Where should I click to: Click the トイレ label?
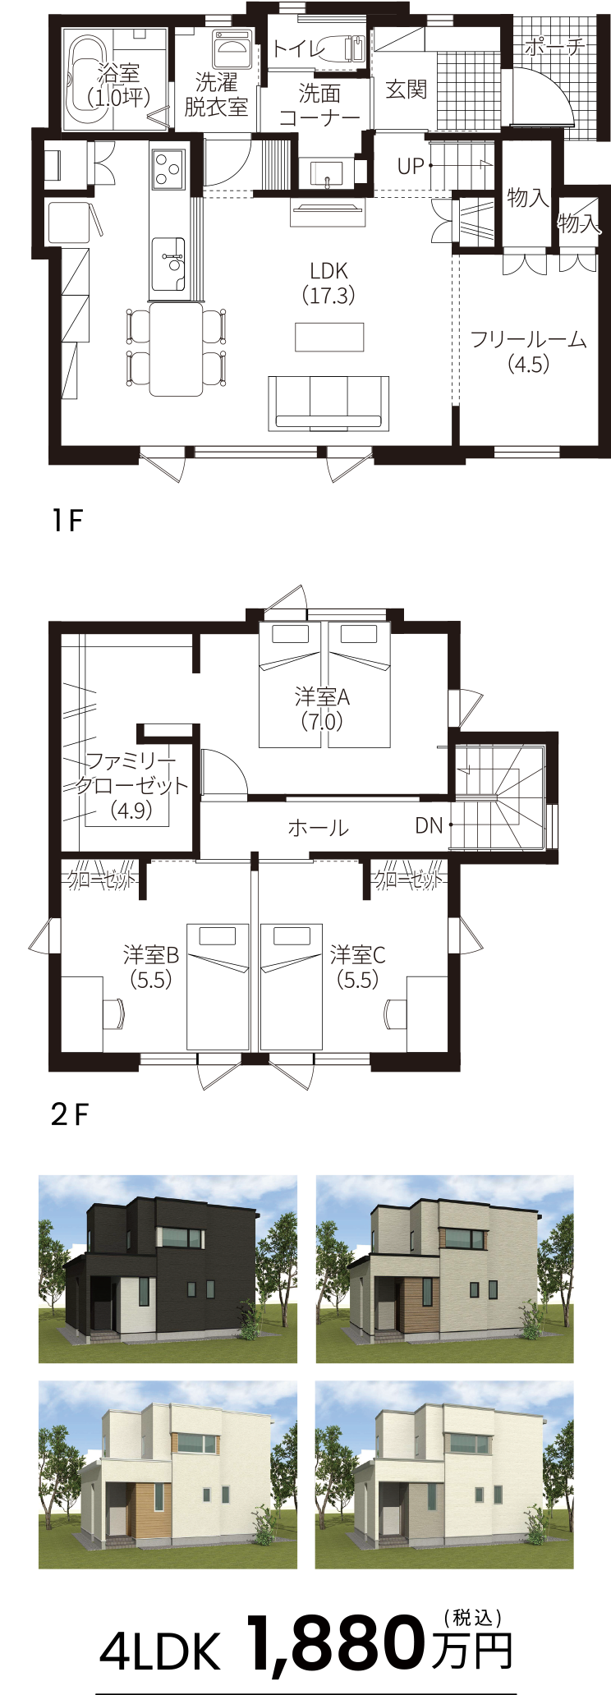[298, 48]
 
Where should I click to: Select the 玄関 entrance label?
[406, 90]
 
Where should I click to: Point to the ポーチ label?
[554, 47]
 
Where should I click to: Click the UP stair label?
[411, 167]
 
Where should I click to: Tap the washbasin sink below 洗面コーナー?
[327, 175]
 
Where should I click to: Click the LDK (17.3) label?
[328, 282]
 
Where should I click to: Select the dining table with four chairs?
[176, 348]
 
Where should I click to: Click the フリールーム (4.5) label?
[528, 351]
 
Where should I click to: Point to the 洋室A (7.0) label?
[322, 709]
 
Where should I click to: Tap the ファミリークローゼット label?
[131, 785]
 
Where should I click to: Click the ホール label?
[318, 828]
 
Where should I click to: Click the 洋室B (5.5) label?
[151, 967]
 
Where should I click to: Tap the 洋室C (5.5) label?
[357, 967]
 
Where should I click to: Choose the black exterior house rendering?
[168, 1269]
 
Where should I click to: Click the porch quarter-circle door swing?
[538, 97]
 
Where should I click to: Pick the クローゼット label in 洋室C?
[408, 880]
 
